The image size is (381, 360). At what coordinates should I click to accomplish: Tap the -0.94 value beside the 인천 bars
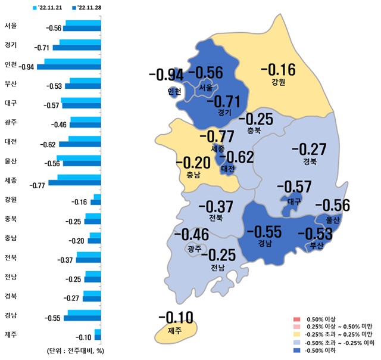click(27, 66)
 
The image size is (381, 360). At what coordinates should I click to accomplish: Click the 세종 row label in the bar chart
click(10, 180)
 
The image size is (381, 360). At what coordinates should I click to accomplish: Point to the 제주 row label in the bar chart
click(10, 334)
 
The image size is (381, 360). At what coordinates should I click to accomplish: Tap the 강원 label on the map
click(279, 83)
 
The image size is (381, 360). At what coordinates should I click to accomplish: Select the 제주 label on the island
click(174, 330)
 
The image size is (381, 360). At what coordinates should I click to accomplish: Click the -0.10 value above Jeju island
click(174, 316)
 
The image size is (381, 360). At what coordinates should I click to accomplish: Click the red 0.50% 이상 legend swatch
click(293, 320)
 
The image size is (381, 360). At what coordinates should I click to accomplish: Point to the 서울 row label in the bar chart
click(10, 26)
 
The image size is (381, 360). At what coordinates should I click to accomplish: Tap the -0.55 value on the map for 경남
click(265, 231)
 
